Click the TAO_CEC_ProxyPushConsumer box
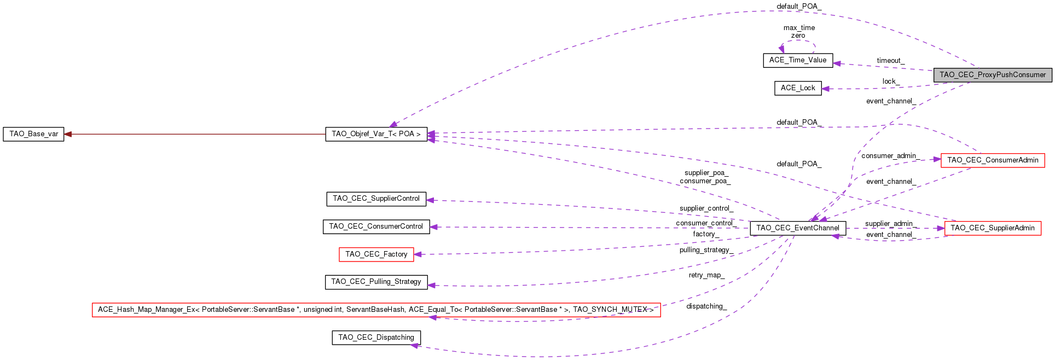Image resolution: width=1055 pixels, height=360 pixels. pyautogui.click(x=993, y=75)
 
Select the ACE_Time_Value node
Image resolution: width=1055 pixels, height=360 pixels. pyautogui.click(x=798, y=60)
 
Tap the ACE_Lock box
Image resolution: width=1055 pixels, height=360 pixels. pyautogui.click(x=798, y=88)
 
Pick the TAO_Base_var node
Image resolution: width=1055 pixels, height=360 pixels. pyautogui.click(x=33, y=134)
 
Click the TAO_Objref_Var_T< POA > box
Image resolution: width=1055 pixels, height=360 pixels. pyautogui.click(x=376, y=134)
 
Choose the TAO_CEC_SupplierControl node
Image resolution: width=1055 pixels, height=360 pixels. pyautogui.click(x=376, y=199)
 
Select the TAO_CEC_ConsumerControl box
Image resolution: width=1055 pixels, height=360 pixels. pyautogui.click(x=376, y=227)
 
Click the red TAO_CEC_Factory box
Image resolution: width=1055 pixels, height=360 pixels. pyautogui.click(x=376, y=254)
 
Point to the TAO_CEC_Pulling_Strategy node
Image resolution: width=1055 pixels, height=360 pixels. pyautogui.click(x=376, y=282)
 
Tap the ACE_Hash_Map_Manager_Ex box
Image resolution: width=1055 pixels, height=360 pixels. pyautogui.click(x=376, y=310)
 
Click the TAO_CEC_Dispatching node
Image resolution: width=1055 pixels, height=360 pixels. pyautogui.click(x=376, y=338)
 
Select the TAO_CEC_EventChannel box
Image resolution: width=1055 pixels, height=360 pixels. pyautogui.click(x=798, y=228)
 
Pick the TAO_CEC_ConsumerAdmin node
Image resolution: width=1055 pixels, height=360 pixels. pyautogui.click(x=993, y=160)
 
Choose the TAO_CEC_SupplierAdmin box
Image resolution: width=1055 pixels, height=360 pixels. pyautogui.click(x=993, y=228)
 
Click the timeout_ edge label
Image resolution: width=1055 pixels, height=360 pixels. pyautogui.click(x=890, y=61)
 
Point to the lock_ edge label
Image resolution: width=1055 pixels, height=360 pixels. pyautogui.click(x=890, y=82)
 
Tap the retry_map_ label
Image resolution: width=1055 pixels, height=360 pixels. pyautogui.click(x=706, y=275)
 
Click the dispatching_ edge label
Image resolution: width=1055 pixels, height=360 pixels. pyautogui.click(x=706, y=306)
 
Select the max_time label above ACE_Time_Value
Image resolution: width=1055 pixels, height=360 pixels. pyautogui.click(x=799, y=28)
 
